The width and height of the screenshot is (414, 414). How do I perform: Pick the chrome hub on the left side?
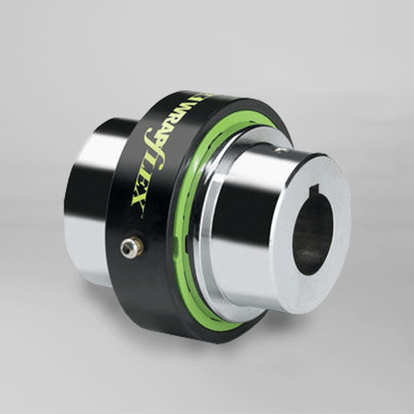(x=91, y=199)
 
